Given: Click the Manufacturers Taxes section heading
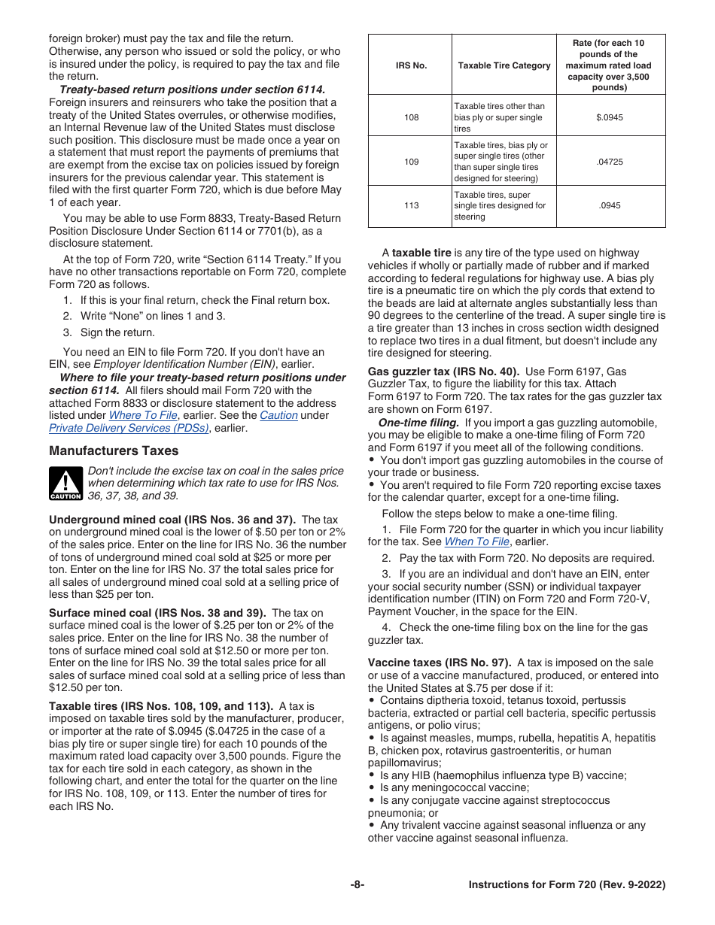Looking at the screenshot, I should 114,451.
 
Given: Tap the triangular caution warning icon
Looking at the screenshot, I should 65,483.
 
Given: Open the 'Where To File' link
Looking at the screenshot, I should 143,415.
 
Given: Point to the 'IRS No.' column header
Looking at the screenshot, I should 411,65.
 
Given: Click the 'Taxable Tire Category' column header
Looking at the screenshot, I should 504,65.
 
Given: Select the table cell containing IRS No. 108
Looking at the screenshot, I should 411,117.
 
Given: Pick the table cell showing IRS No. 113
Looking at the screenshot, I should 411,205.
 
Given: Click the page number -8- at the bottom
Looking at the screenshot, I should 357,885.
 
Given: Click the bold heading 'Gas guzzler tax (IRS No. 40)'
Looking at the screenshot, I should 443,372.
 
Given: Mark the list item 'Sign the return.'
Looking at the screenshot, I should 117,332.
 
